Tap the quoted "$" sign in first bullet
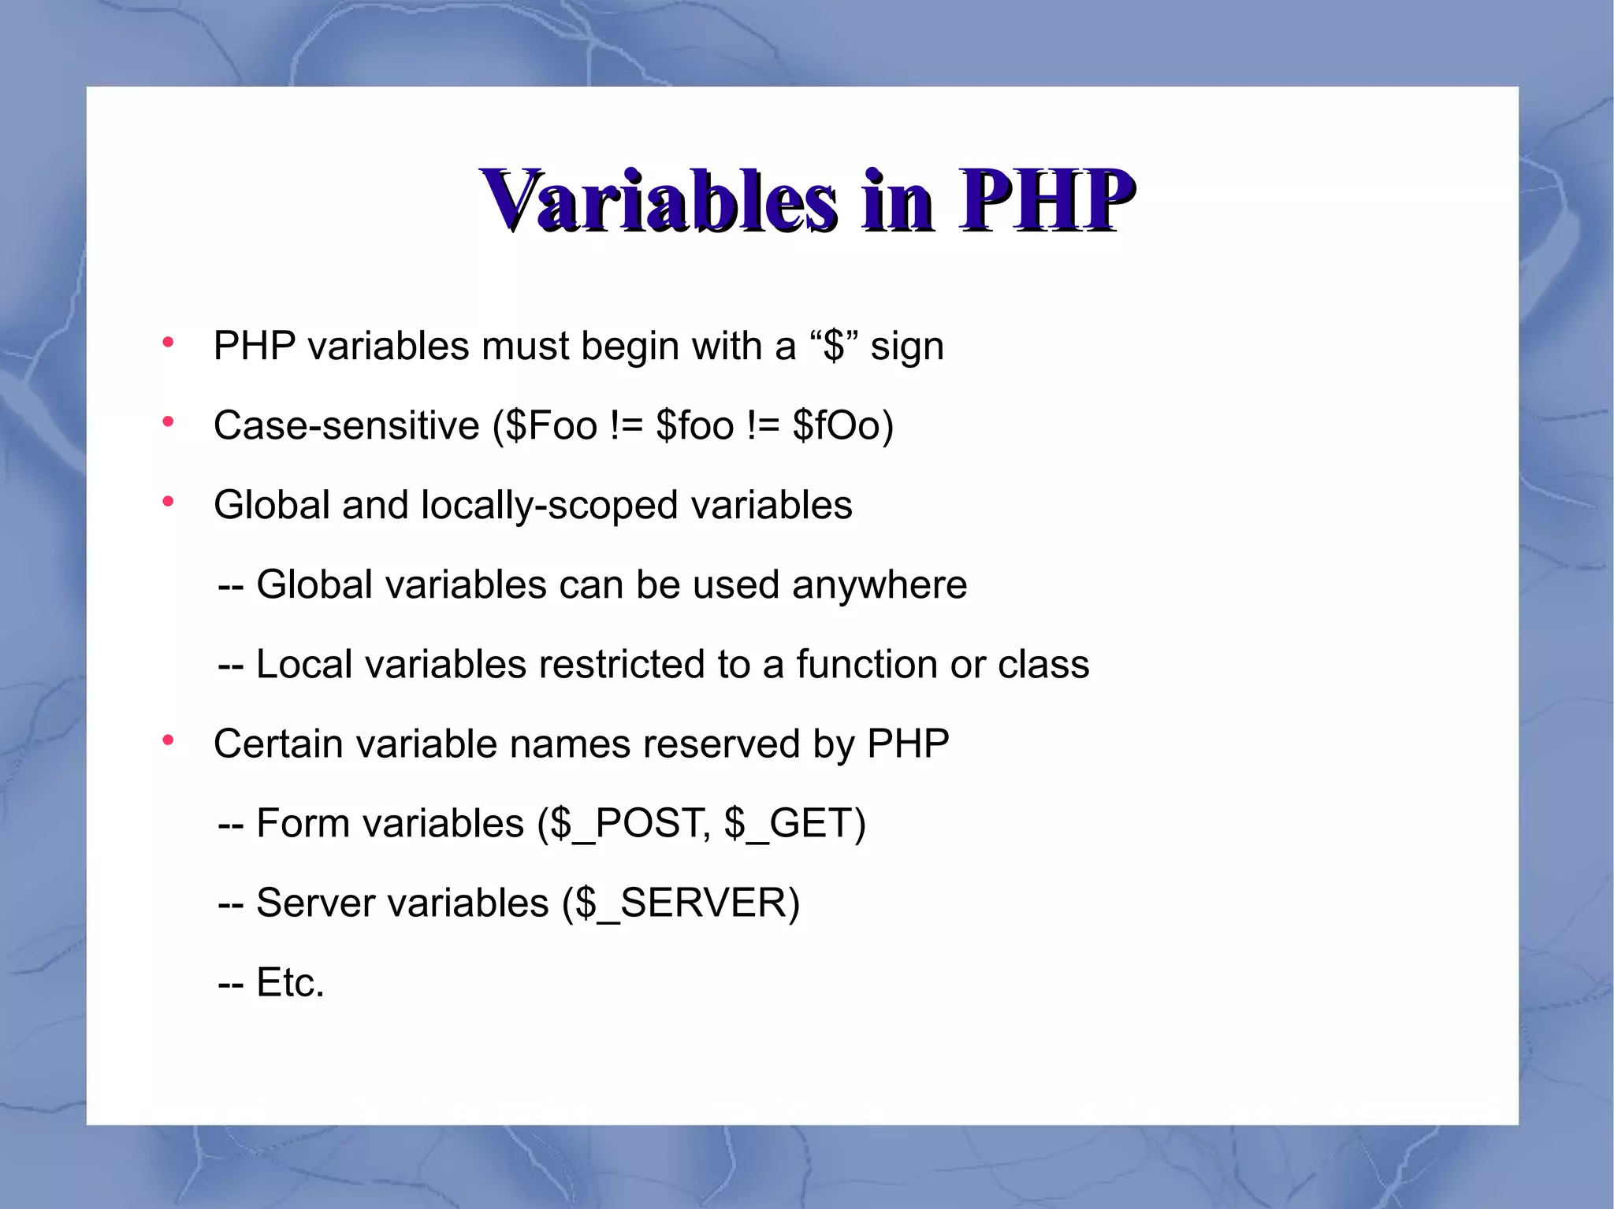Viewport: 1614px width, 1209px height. (835, 346)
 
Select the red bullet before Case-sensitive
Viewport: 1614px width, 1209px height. (167, 422)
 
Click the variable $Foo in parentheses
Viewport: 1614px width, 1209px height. (551, 426)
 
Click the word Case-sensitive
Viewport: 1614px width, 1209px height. (346, 426)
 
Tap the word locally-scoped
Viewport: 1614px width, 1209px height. (549, 506)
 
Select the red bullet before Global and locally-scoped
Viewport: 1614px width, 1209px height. (167, 502)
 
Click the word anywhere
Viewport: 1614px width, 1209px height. (880, 585)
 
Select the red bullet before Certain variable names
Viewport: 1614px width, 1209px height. (167, 740)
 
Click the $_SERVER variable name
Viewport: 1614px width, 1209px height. (682, 903)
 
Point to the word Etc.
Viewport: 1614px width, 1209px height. (289, 983)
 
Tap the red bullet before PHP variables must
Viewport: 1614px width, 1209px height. (167, 343)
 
